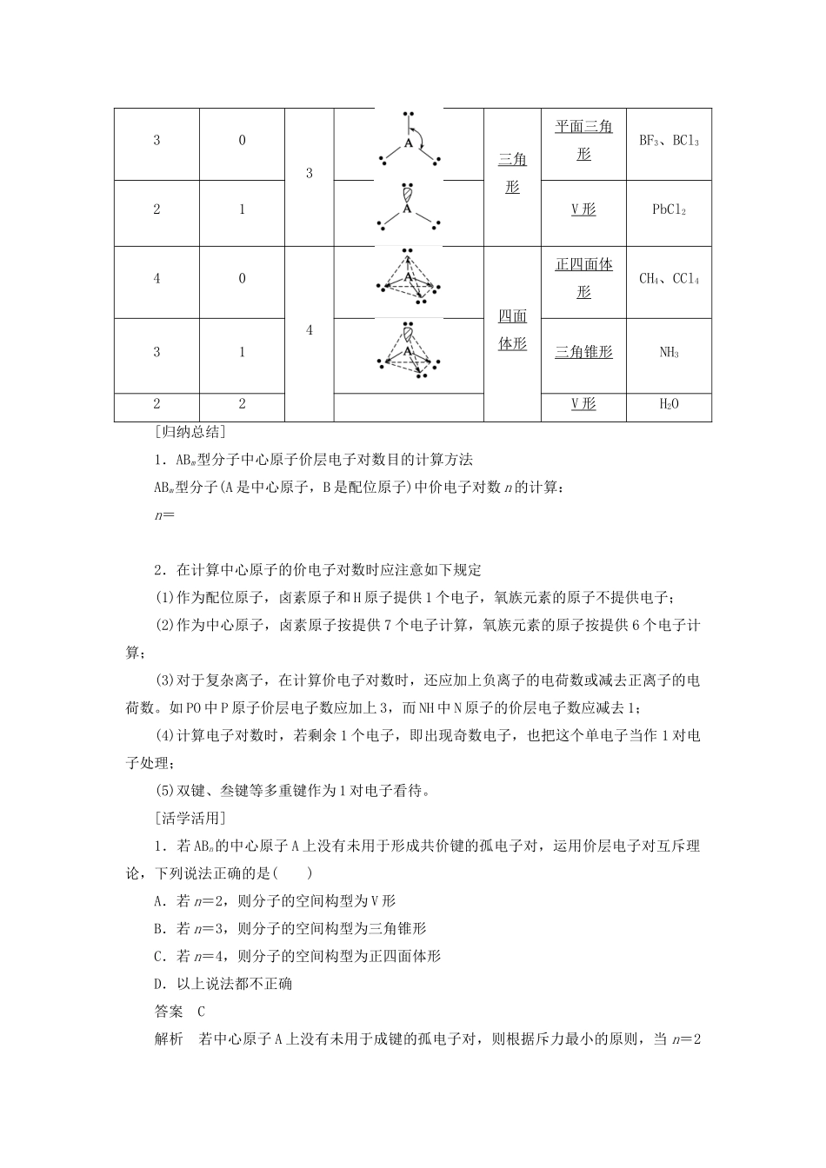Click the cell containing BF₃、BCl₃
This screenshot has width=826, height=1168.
(x=669, y=141)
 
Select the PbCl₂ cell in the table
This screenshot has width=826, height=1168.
(x=669, y=210)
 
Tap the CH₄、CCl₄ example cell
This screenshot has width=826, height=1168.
(x=669, y=279)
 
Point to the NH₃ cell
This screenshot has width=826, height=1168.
(x=669, y=352)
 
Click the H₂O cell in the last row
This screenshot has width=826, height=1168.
(x=669, y=404)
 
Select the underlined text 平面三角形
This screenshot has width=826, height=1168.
(x=583, y=140)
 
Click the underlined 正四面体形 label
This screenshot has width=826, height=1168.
(x=583, y=278)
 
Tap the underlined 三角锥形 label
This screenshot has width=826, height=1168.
(x=583, y=352)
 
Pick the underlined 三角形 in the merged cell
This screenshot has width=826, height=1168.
(x=512, y=172)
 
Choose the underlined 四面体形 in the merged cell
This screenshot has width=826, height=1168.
(x=512, y=329)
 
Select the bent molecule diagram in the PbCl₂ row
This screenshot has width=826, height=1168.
(x=409, y=209)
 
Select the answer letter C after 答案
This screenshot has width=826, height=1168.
(x=201, y=1011)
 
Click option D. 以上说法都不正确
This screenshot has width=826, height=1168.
(x=223, y=984)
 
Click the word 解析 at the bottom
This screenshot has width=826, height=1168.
(x=169, y=1039)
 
